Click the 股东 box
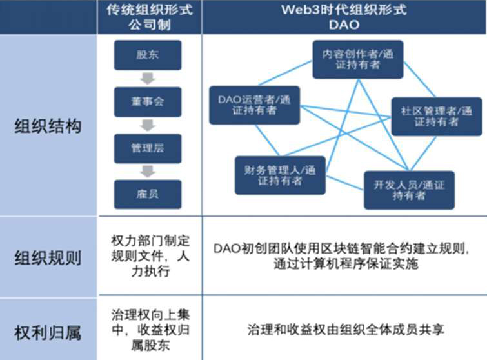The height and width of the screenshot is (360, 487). point(148,55)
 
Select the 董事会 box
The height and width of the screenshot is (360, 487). point(148,102)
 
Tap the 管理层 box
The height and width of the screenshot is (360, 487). point(148,148)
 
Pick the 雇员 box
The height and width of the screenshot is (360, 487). point(148,194)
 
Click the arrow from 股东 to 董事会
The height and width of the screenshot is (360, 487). point(148,79)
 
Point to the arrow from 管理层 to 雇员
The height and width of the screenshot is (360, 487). point(148,172)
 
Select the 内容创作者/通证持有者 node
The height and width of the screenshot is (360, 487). point(358,59)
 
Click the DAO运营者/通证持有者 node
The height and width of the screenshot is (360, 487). point(254,105)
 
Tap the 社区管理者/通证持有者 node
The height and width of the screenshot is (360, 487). point(437,117)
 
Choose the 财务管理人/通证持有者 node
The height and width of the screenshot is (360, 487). point(280,175)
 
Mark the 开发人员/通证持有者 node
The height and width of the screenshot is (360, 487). point(409,190)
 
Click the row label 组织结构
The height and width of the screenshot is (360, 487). point(48,126)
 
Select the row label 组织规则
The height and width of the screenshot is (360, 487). point(48,258)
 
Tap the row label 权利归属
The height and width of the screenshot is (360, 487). point(48,333)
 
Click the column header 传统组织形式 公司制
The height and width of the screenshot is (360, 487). point(150,17)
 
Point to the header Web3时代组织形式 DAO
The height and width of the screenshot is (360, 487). point(344,17)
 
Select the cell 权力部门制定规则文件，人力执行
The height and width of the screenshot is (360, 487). point(150,256)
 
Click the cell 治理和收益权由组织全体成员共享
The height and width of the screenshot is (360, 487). point(345,330)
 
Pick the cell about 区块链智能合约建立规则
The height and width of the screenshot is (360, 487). point(342,256)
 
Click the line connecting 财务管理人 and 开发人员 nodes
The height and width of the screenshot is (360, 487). point(344,183)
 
